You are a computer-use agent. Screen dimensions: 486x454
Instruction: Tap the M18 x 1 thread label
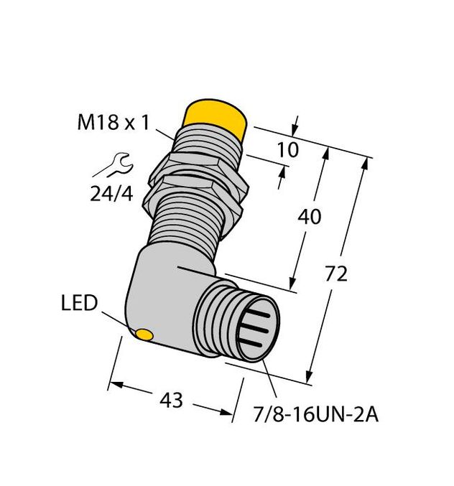pos(114,123)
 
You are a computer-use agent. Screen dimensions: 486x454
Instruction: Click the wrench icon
pos(110,167)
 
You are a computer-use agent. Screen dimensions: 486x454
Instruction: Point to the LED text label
pos(79,304)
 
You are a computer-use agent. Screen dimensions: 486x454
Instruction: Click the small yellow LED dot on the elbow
pos(144,335)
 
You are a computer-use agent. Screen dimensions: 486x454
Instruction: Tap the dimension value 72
pos(336,274)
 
